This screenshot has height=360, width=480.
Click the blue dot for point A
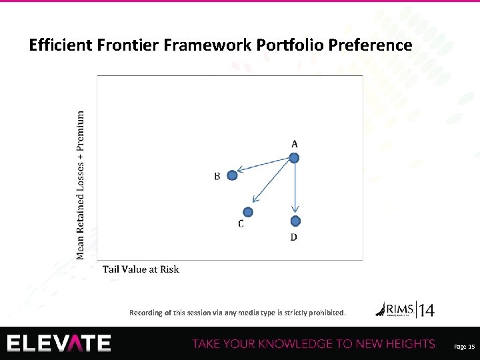[294, 158]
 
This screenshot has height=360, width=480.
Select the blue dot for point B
[232, 175]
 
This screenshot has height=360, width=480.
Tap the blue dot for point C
[248, 212]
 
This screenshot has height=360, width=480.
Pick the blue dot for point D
[295, 221]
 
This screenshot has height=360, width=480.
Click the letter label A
[294, 143]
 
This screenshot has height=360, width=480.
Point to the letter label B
[217, 177]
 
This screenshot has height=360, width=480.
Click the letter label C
[241, 225]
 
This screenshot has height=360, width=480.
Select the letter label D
[294, 237]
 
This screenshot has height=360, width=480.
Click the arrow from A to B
[264, 167]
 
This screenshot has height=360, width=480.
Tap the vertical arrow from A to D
[295, 190]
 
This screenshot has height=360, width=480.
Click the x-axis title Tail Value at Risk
[141, 269]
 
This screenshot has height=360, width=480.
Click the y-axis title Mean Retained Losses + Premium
[81, 185]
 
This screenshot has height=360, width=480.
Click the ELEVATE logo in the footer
[59, 343]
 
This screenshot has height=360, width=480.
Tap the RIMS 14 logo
[405, 309]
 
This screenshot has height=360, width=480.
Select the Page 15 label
[463, 347]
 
